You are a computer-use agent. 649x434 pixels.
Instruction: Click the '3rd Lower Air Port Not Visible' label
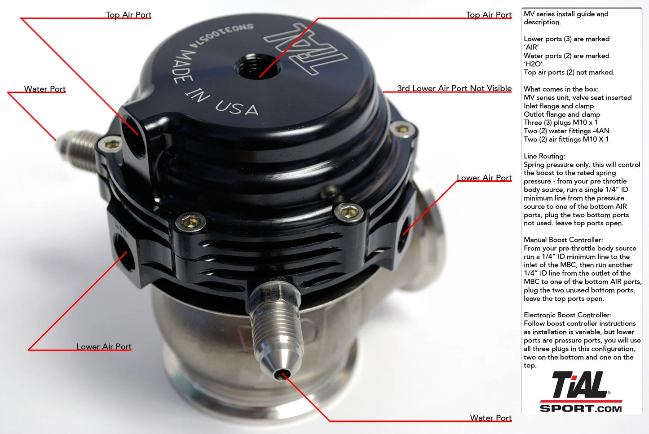pyautogui.click(x=454, y=88)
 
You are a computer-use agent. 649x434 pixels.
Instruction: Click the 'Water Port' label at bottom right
pyautogui.click(x=490, y=418)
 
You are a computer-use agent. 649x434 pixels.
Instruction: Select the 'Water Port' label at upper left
pyautogui.click(x=45, y=89)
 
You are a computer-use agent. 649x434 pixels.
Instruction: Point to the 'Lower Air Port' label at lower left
pyautogui.click(x=104, y=346)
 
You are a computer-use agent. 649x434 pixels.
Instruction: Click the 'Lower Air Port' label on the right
pyautogui.click(x=484, y=178)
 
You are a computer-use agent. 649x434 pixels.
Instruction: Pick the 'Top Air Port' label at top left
pyautogui.click(x=128, y=15)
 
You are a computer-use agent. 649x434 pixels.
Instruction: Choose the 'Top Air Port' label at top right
pyautogui.click(x=489, y=15)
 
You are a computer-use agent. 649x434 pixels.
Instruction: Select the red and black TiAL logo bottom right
pyautogui.click(x=580, y=385)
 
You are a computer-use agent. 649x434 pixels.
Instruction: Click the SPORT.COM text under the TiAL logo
pyautogui.click(x=581, y=408)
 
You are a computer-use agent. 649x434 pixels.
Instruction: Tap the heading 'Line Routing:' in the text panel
pyautogui.click(x=544, y=156)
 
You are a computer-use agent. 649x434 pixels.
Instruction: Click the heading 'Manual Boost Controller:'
pyautogui.click(x=563, y=240)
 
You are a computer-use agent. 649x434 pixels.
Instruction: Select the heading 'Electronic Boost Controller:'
pyautogui.click(x=567, y=315)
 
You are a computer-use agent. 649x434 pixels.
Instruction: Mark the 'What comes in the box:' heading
pyautogui.click(x=561, y=89)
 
